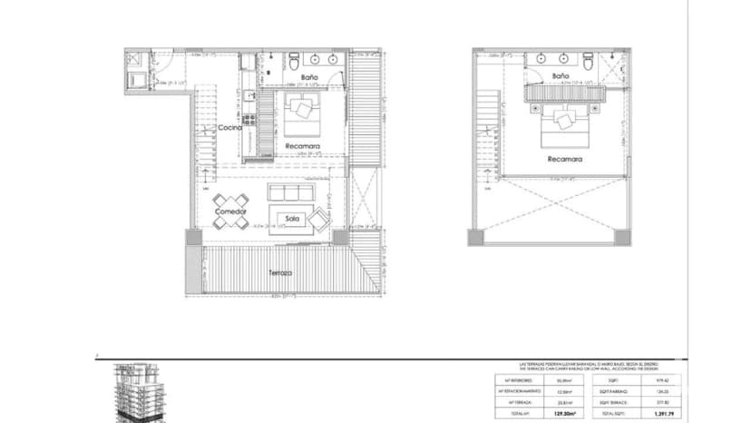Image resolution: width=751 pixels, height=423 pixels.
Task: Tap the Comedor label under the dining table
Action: point(231,211)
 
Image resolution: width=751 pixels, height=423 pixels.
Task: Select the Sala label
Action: point(292,219)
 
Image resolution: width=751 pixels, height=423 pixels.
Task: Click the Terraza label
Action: point(279,272)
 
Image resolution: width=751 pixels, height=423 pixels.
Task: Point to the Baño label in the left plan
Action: point(308,79)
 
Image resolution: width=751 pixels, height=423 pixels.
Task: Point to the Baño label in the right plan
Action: point(561,78)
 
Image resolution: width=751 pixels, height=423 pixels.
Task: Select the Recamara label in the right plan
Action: point(564,159)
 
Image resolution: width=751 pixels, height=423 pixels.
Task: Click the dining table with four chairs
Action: point(229,200)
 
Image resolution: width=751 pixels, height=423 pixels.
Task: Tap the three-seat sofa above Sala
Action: point(289,193)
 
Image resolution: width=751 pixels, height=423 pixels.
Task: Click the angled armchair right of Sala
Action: point(320,218)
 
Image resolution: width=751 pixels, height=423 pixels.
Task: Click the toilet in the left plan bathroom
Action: point(293,61)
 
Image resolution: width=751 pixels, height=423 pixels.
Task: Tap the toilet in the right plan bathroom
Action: point(589,61)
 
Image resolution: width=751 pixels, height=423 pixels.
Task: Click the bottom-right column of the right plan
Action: point(623,236)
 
